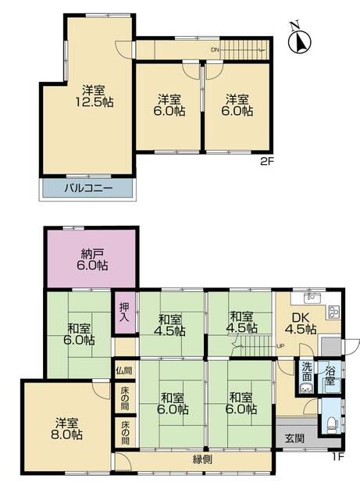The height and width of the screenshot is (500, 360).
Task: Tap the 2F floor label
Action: [267, 162]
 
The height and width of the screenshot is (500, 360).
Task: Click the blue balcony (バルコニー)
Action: [87, 187]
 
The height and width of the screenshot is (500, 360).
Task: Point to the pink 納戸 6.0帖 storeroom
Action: [91, 259]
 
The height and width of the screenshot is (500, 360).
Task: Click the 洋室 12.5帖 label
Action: [94, 96]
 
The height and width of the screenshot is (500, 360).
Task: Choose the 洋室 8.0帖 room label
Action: [68, 429]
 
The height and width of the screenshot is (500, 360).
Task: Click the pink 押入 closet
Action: [124, 312]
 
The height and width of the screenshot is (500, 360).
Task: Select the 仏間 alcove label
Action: [123, 371]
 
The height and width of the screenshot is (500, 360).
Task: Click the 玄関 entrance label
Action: [294, 438]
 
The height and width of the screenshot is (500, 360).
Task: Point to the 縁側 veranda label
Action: [202, 459]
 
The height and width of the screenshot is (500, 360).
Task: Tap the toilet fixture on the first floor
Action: [332, 423]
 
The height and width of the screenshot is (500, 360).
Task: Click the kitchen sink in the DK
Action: [312, 298]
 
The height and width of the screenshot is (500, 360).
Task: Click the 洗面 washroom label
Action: [307, 372]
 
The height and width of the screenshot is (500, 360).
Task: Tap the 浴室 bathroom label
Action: [330, 376]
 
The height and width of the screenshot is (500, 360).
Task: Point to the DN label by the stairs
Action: [215, 50]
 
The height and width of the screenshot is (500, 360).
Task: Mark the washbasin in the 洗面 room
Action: [306, 389]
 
